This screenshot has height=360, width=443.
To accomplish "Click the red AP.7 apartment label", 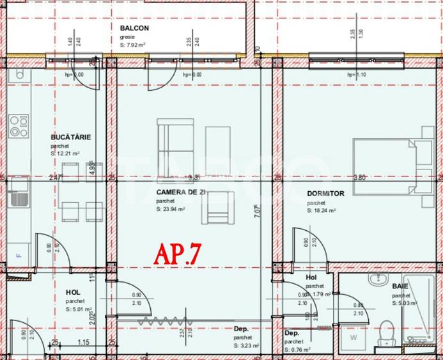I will tap(178, 254).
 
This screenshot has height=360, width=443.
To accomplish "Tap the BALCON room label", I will tap(134, 28).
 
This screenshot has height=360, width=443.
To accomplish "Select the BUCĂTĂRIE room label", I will tap(71, 137).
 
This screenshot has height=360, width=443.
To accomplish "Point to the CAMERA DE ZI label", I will tap(172, 192).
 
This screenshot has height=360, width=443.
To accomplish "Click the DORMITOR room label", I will tap(325, 193).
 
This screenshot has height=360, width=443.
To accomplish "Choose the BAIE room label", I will tap(401, 286).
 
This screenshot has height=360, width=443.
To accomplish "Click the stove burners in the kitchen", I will tap(18, 126).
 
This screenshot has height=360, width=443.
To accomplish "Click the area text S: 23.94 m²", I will tap(171, 209).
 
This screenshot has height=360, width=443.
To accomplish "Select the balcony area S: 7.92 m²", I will tap(134, 45).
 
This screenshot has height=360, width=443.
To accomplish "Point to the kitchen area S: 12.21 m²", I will tap(66, 154).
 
